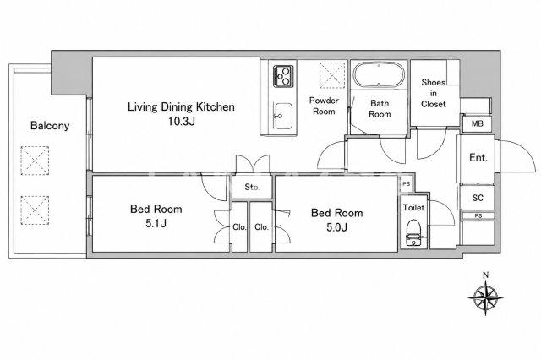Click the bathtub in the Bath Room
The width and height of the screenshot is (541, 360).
379,74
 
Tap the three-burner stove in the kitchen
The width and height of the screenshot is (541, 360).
283,76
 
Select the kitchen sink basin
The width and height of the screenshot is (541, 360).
283,117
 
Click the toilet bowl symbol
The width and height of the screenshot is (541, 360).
413,232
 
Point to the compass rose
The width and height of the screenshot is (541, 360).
485,297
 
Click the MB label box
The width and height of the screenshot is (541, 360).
477,123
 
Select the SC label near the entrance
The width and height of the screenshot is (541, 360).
478,198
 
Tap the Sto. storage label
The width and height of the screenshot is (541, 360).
252,188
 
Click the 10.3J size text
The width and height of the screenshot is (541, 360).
182,122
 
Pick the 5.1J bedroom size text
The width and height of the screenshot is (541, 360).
156,223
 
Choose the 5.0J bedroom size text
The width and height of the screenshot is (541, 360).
336,226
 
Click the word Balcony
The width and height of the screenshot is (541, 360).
50,126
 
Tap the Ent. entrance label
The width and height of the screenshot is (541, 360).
478,158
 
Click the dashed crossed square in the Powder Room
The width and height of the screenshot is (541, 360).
332,75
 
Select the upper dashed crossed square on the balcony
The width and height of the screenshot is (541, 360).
35,161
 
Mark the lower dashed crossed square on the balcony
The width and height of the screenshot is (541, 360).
35,210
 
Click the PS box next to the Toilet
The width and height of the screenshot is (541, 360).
407,184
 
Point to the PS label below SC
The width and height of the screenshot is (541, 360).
478,215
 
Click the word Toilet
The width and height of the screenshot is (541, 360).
413,208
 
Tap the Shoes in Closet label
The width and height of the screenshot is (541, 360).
434,93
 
